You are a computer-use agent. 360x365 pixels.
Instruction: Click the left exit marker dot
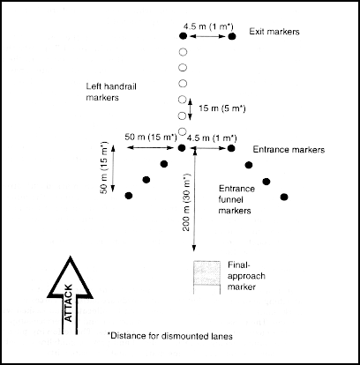coord(183,36)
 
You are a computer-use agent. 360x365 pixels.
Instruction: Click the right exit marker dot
coord(232,36)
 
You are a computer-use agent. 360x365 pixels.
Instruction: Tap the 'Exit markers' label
coord(274,32)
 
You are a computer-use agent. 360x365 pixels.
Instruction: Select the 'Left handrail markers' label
coord(111,92)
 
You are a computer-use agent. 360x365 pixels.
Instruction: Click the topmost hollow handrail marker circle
coord(183,52)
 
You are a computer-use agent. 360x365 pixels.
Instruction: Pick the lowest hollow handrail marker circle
coord(183,131)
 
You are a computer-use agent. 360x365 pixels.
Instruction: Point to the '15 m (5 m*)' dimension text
coord(222,108)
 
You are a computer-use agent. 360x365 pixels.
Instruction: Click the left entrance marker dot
coord(182,148)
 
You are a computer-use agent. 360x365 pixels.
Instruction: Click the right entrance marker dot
coord(231,148)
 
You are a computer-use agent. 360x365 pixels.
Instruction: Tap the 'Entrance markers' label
coord(289,150)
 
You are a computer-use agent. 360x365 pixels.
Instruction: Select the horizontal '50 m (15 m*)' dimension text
coord(151,137)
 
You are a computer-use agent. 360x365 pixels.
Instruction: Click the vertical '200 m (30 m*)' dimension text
coord(186,202)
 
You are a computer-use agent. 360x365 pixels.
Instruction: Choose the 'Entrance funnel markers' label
coord(236,199)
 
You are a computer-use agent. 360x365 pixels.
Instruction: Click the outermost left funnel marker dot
coord(129,196)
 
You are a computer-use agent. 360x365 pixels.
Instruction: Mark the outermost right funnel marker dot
coord(284,197)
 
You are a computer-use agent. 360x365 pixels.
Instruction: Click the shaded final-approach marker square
coord(206,272)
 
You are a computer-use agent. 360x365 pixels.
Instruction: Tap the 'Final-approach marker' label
coord(246,276)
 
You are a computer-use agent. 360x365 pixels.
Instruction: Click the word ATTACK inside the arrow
coord(68,303)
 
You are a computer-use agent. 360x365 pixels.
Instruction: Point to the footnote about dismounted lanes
coord(170,336)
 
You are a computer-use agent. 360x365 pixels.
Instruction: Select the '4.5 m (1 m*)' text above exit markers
coord(208,26)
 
